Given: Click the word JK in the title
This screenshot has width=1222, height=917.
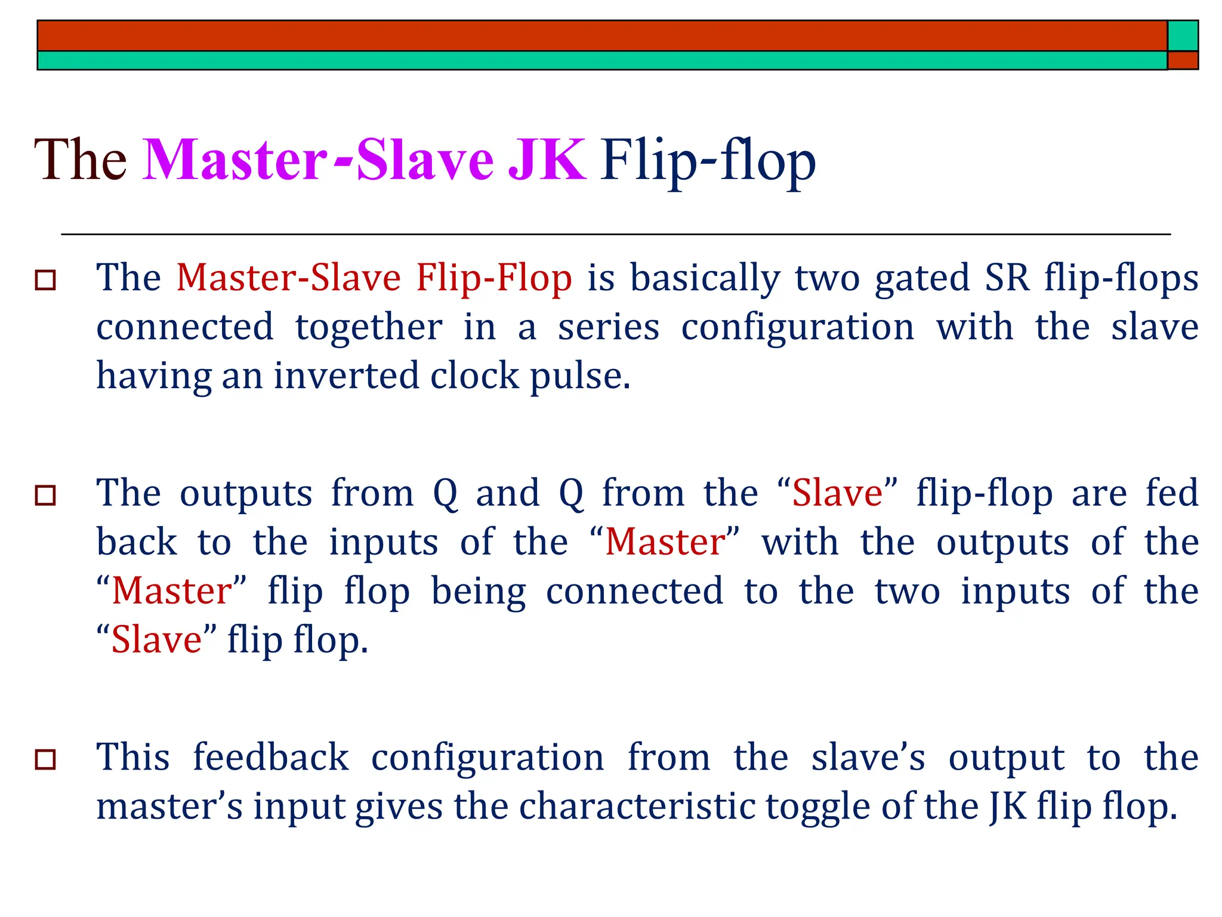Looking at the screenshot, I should point(546,160).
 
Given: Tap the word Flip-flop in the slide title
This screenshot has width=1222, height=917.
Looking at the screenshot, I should point(708,160).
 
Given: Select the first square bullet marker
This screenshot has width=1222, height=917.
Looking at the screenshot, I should point(46,279).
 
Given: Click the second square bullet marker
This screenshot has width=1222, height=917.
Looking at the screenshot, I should point(46,495).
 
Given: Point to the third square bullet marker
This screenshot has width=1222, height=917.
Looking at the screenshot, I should point(46,759).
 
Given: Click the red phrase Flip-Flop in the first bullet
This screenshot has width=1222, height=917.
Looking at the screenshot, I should point(493,278).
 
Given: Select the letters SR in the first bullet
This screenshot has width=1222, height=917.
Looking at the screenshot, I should point(1007,278).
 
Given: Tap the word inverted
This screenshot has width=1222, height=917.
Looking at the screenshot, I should point(346,376).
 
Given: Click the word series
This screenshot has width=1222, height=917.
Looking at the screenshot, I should point(609,327).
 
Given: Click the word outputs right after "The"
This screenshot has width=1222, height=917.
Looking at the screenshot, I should point(246,494).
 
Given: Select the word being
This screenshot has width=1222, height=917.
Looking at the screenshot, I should point(479,592).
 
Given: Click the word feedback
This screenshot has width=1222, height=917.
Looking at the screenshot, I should point(270,757).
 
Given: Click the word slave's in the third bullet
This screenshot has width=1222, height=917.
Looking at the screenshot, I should point(868,757).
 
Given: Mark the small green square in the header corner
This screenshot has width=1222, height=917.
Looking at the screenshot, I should point(1183,36).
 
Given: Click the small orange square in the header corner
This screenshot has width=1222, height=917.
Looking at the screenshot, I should point(1183,60).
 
